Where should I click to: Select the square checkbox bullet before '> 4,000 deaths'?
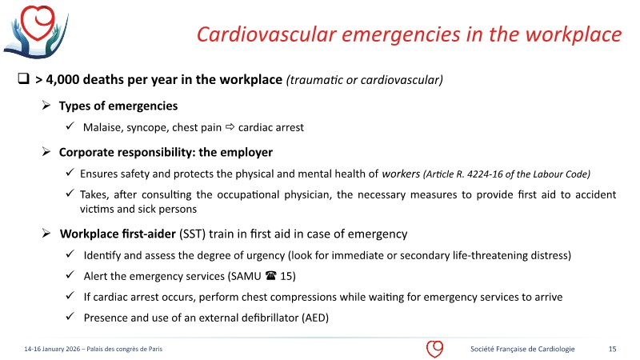click(x=23, y=80)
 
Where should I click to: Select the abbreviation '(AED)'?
click(x=314, y=318)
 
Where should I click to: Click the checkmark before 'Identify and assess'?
click(x=70, y=255)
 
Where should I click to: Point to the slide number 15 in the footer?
click(x=612, y=349)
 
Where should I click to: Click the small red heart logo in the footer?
click(x=434, y=349)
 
